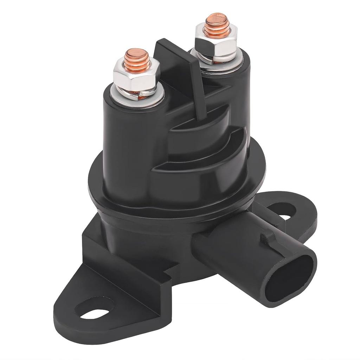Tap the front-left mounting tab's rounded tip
70,316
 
